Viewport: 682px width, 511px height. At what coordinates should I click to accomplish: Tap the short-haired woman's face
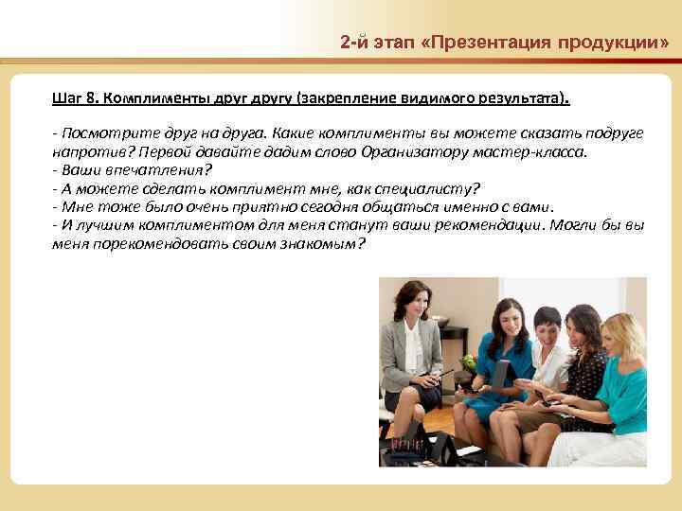547,327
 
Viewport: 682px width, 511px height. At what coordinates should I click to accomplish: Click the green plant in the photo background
466,363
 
